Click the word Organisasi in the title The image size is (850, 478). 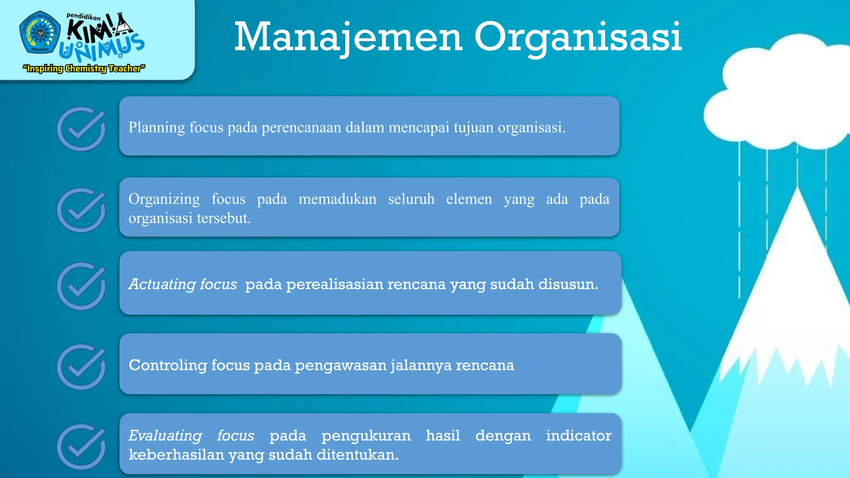pos(578,37)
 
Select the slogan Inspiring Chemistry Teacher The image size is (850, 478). pos(84,68)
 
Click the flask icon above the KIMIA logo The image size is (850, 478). pos(123,24)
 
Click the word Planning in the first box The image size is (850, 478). pos(156,127)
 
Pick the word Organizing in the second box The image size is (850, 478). pos(164,199)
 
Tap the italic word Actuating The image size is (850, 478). pos(162,284)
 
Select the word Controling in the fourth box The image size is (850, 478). pos(168,365)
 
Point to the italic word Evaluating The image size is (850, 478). pos(165,436)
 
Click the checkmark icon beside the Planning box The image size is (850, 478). pos(81,129)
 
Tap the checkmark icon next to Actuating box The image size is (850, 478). pos(81,286)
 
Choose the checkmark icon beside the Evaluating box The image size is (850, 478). pos(81,446)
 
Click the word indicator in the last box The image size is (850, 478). pos(578,436)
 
